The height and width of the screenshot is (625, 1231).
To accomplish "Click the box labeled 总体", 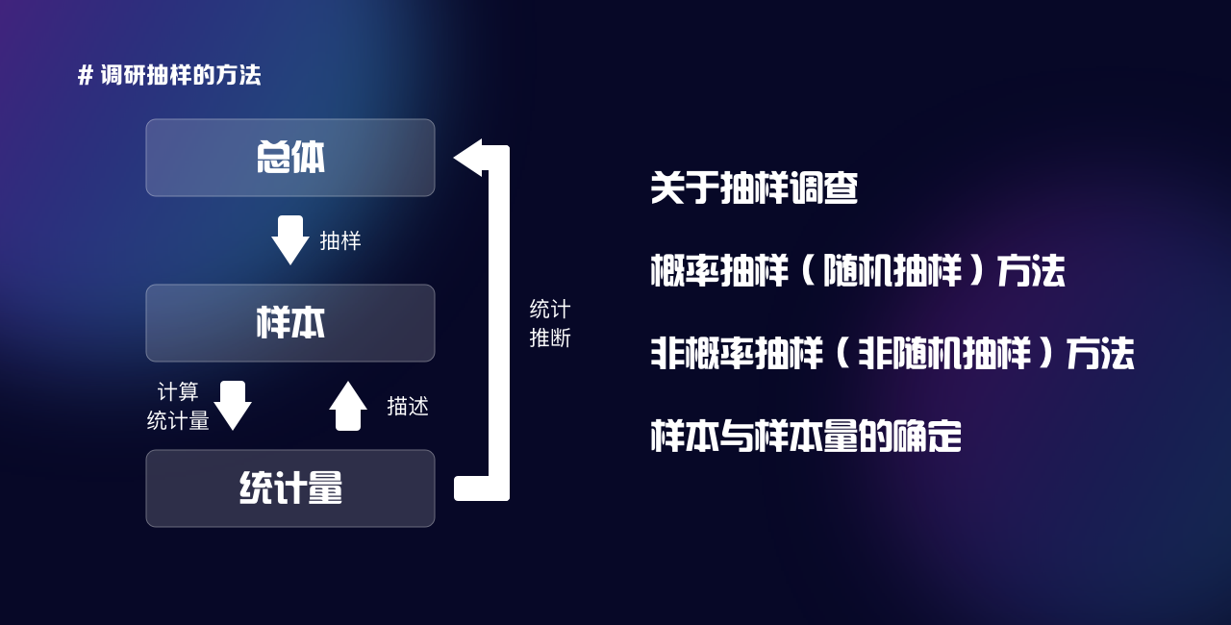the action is coord(290,158).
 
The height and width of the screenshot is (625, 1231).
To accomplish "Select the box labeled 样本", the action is coord(290,323).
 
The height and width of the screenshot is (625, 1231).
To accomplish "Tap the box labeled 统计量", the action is coord(290,488).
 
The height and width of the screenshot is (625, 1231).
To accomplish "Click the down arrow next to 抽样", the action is coord(289,240).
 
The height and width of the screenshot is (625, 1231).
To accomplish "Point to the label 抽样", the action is coord(340,241).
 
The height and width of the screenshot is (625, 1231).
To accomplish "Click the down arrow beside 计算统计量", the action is coord(233,406).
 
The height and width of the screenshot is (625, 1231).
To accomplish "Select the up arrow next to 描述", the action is coord(348,406).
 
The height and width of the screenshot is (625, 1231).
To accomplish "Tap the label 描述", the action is coord(408,407).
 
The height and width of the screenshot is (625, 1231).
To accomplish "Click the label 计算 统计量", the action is coord(178,407).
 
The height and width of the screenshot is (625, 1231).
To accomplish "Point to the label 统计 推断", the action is coord(550,324).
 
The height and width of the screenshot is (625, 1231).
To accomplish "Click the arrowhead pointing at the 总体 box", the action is coord(468,158).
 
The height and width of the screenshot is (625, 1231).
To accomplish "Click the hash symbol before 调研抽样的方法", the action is coord(86,75).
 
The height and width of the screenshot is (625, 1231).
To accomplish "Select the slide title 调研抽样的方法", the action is coord(181,75).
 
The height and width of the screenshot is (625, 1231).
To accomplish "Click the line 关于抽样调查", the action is coord(754,188).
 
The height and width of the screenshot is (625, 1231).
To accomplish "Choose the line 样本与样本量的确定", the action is coord(806,437).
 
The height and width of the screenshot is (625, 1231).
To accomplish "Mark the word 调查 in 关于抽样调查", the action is coord(823,188).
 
